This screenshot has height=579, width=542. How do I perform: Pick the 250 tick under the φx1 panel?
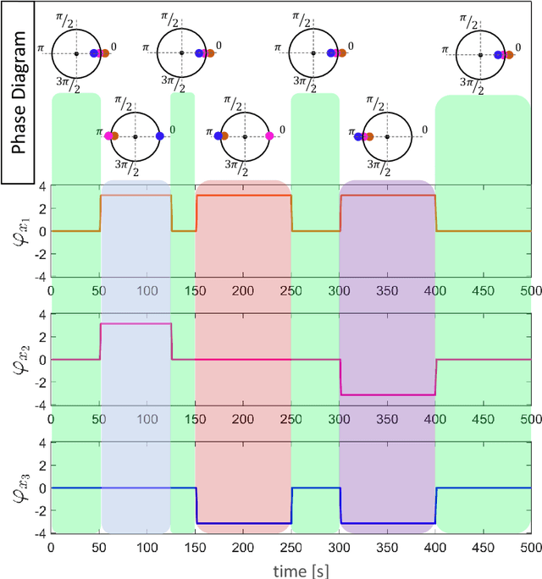coord(291,289)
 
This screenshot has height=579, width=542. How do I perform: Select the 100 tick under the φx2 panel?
coord(147,418)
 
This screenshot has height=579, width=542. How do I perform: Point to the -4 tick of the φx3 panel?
coord(39,533)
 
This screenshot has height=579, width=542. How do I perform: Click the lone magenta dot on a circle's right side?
coord(269,136)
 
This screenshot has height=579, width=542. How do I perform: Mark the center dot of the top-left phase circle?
coord(75,53)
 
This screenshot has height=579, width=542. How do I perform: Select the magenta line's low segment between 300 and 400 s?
coord(388,394)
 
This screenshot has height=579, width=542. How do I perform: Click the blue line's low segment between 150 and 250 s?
coord(244,524)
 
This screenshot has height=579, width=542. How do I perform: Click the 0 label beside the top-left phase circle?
coord(117,46)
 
